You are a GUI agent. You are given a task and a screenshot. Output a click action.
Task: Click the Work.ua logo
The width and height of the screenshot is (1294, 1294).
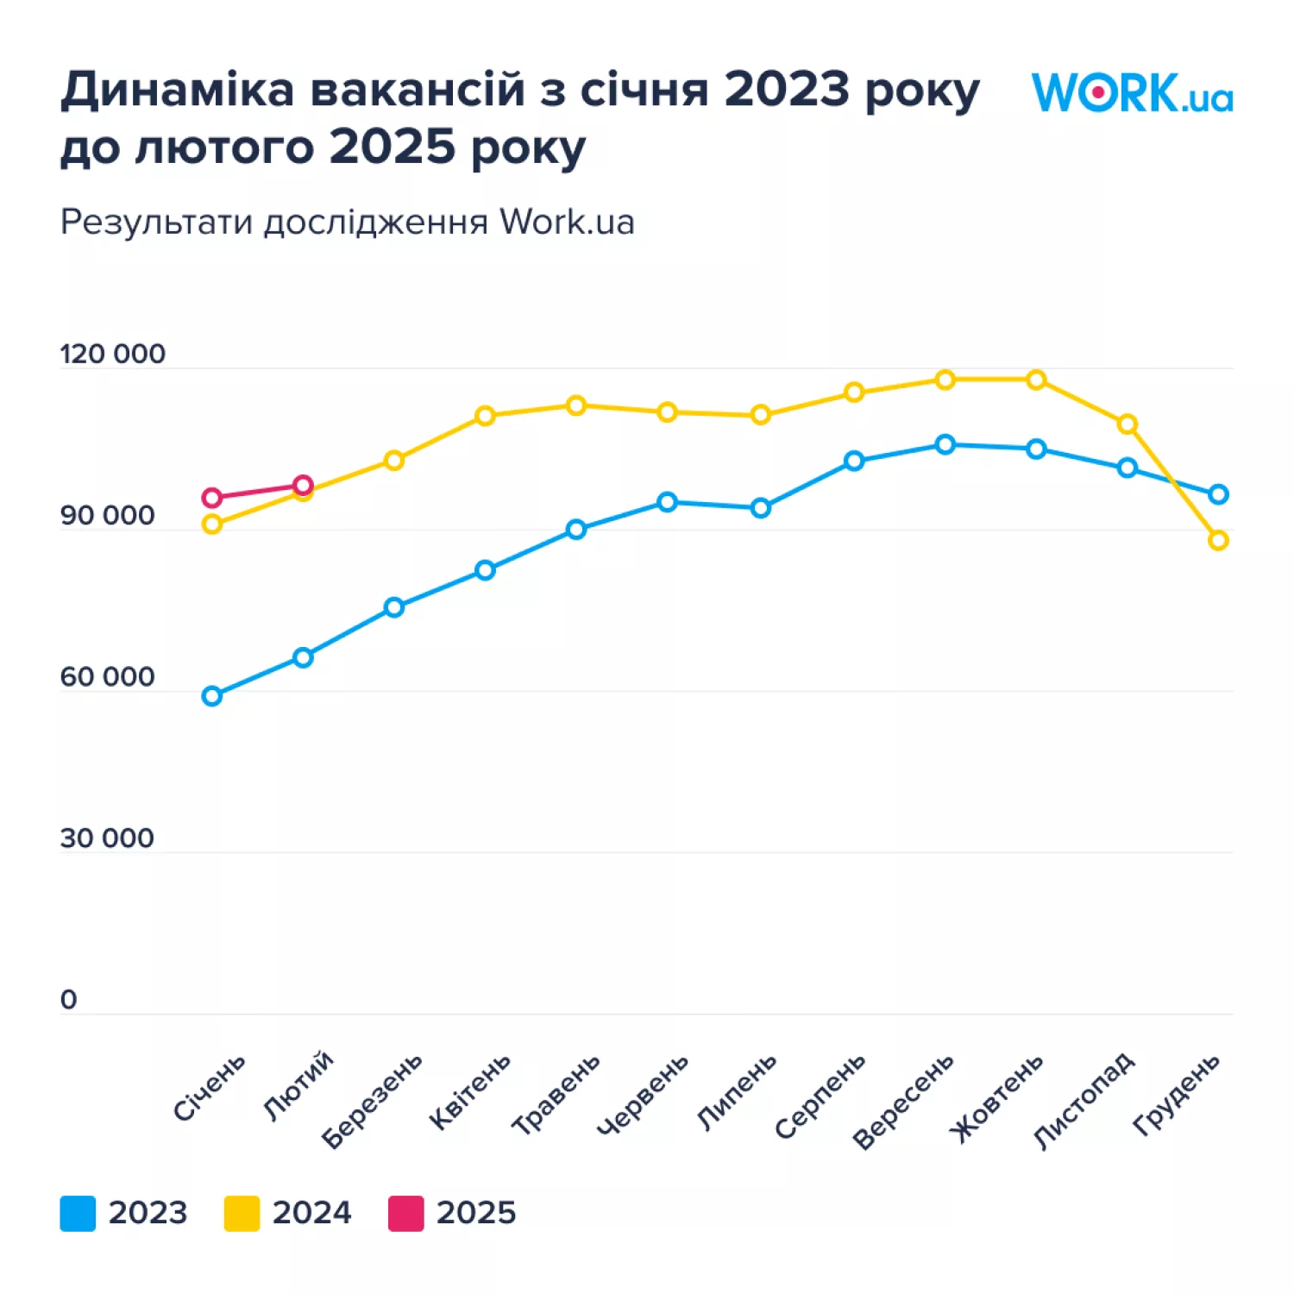point(1132,93)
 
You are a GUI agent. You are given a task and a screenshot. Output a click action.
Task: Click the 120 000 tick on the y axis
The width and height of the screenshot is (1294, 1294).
point(112,355)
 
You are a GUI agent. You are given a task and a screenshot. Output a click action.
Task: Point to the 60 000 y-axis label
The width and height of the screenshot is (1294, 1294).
point(107,677)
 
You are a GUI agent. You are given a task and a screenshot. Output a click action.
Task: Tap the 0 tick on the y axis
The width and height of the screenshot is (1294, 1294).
point(69,1000)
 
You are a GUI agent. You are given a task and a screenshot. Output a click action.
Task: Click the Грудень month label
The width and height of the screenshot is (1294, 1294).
point(1177,1093)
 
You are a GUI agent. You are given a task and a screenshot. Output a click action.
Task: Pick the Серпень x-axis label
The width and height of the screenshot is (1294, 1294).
point(820,1096)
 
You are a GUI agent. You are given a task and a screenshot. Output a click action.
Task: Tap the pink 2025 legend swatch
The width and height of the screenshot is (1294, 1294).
point(405,1213)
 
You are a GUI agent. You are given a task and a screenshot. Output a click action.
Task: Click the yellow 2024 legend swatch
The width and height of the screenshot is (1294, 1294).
point(242,1213)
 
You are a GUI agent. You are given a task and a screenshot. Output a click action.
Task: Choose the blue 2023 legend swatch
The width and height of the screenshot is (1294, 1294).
point(78,1213)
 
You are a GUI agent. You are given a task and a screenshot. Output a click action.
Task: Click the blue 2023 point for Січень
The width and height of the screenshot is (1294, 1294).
point(212,696)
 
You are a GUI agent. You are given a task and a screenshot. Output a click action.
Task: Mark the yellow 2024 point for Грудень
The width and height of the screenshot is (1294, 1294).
point(1218,541)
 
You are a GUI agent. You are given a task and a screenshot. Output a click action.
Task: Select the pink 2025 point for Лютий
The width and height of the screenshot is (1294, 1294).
point(303,485)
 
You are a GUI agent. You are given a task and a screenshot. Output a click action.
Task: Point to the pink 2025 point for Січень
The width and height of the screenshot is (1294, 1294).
point(212,498)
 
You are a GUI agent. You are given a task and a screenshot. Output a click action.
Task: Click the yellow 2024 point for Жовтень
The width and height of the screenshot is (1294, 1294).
point(1036,380)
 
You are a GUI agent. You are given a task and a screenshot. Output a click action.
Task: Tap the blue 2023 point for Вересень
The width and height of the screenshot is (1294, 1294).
point(945,445)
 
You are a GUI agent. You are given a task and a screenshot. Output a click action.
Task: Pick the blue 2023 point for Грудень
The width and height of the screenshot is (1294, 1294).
point(1218,494)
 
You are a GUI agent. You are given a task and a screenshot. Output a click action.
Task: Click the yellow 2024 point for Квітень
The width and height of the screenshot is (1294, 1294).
point(485,416)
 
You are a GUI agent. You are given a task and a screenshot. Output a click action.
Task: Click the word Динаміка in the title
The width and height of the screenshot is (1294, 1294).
point(178,90)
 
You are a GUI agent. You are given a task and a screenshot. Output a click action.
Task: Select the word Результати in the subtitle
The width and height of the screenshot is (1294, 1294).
point(157,223)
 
